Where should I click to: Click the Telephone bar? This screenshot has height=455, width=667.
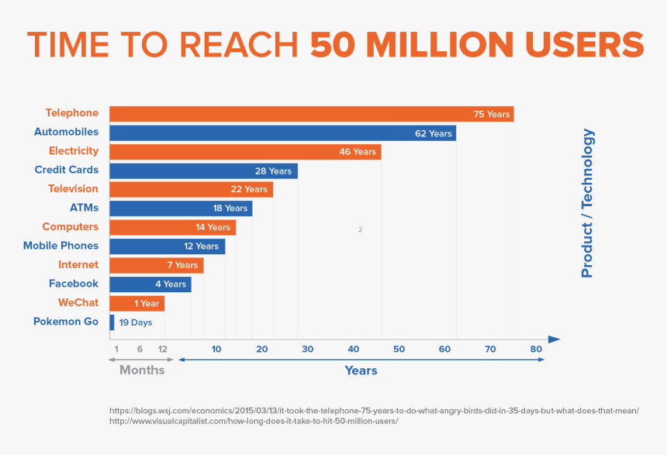click(310, 114)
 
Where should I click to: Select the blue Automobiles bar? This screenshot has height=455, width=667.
click(282, 133)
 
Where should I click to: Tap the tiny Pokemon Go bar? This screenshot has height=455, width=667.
click(112, 322)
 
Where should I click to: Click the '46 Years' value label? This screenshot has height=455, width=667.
click(357, 152)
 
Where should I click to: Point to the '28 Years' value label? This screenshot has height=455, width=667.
click(273, 171)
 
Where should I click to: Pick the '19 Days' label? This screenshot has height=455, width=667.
click(136, 322)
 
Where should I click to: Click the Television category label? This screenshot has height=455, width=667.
click(73, 188)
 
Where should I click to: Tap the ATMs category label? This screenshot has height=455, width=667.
click(84, 208)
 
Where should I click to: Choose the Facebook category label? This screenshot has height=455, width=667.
click(74, 284)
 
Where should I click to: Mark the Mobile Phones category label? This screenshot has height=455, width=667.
click(60, 246)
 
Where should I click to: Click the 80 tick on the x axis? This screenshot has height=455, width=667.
click(536, 350)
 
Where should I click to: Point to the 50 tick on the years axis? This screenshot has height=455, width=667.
click(399, 350)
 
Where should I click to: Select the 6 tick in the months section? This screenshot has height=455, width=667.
click(140, 350)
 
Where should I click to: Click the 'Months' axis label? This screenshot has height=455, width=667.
click(142, 371)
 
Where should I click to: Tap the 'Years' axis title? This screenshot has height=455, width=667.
click(361, 371)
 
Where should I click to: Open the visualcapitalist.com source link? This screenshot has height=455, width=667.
click(254, 421)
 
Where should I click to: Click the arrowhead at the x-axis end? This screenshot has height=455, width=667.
click(554, 340)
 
